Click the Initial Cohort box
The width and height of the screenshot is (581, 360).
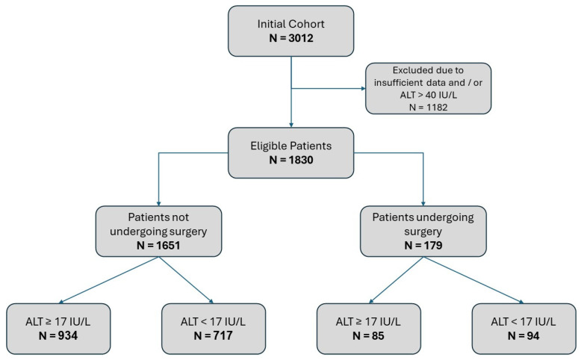(x=290, y=31)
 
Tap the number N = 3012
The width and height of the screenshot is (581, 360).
(x=291, y=38)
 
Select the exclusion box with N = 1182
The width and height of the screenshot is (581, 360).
(x=429, y=89)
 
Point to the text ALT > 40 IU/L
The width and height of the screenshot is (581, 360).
(x=429, y=95)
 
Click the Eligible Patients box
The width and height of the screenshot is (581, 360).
(x=290, y=153)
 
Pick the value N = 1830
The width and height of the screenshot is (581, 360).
(x=291, y=160)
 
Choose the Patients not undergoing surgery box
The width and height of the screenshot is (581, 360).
(x=158, y=232)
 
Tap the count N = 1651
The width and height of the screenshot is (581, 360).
(x=158, y=246)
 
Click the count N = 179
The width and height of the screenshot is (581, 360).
(x=423, y=246)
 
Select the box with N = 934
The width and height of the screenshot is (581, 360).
(x=58, y=329)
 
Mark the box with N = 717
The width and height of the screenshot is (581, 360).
(x=214, y=329)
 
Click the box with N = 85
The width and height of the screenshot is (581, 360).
(x=369, y=329)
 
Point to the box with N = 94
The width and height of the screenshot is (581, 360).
(x=524, y=329)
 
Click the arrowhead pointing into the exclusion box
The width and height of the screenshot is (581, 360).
(x=363, y=89)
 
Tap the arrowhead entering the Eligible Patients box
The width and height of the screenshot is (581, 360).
(x=291, y=125)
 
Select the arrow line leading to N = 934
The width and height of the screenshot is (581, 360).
(x=109, y=280)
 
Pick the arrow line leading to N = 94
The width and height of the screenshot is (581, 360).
(x=473, y=280)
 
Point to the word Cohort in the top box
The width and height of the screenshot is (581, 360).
(x=306, y=24)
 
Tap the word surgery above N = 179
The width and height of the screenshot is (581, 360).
(x=423, y=232)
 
